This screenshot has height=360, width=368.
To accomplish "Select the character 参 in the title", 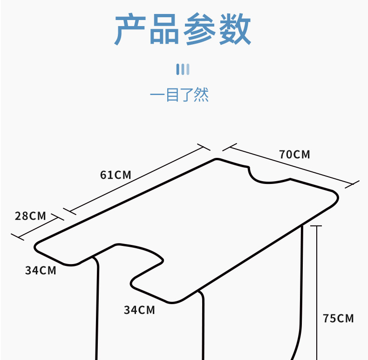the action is pos(200,30).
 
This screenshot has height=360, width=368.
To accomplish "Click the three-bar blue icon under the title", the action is pos(183,69).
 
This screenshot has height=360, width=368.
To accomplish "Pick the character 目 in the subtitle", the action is pos(172,95).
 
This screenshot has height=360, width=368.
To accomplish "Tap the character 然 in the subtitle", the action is pos(201,95).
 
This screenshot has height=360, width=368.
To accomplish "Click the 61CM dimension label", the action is pos(116,175).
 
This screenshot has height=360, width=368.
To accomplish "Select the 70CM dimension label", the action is pos(294,154).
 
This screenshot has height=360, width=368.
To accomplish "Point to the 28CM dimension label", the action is pos(30,216).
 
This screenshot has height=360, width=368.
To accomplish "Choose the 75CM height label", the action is pos(338,319).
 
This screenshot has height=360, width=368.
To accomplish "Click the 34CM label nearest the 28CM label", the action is pos(41,270).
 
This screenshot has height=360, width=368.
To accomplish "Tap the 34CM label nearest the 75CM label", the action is pos(139,310).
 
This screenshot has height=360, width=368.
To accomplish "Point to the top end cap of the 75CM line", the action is pos(316,226).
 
